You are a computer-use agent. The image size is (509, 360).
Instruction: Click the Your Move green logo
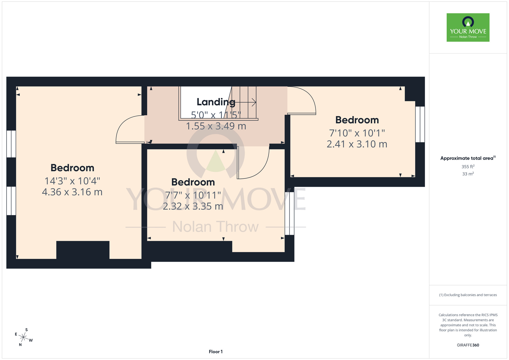tap(468, 27)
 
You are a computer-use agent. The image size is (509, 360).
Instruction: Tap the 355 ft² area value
tap(468, 167)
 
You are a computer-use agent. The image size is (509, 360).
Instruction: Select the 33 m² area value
tap(468, 174)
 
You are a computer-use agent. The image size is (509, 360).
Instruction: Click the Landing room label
tap(216, 102)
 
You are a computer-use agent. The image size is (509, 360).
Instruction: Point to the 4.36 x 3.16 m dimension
tap(72, 192)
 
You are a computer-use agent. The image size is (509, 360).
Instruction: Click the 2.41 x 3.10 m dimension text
tap(357, 144)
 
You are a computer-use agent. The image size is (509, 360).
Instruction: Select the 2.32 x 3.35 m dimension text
tap(193, 206)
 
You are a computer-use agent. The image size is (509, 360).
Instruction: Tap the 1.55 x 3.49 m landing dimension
tap(216, 126)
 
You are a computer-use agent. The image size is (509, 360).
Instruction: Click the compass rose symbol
tap(23, 338)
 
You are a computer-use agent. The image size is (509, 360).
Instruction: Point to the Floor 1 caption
tap(216, 352)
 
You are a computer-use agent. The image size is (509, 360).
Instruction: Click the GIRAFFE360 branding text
tap(468, 345)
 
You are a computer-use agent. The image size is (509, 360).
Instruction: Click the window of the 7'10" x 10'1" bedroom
tap(420, 124)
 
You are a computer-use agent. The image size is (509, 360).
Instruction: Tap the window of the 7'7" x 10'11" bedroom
tap(289, 213)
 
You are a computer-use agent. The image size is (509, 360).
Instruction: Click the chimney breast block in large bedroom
tap(83, 250)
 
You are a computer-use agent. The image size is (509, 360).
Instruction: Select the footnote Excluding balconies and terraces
tap(468, 295)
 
